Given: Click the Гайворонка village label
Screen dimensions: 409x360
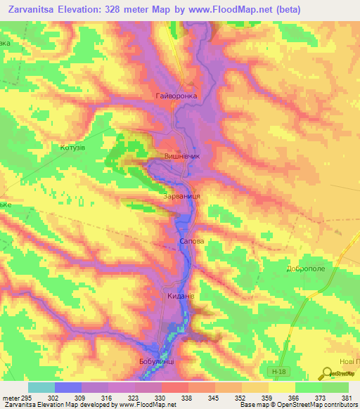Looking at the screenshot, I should click(x=176, y=95).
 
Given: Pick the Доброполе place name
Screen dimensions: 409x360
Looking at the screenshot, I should click(x=305, y=268).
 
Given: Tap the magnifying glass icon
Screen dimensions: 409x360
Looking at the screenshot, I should click(x=328, y=374).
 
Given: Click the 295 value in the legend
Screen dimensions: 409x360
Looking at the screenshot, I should click(x=26, y=398).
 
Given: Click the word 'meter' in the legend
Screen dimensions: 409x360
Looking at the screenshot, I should click(x=10, y=398).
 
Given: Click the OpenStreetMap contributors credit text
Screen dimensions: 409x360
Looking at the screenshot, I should click(x=307, y=405).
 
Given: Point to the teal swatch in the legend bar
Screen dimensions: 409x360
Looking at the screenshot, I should click(x=41, y=387).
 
